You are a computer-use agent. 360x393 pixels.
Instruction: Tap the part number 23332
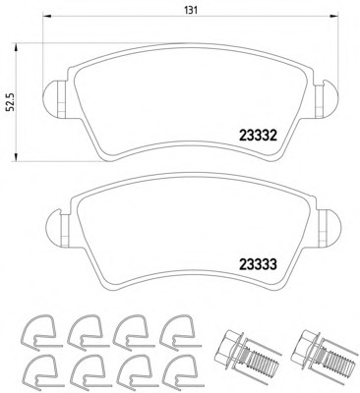click(x=259, y=136)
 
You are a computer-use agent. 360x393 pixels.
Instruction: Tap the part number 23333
click(x=259, y=264)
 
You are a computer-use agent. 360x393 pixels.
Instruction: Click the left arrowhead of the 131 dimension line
click(x=47, y=16)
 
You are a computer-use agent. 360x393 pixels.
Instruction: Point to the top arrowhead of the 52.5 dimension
click(x=16, y=47)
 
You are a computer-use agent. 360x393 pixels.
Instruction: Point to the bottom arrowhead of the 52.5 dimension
click(x=16, y=156)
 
